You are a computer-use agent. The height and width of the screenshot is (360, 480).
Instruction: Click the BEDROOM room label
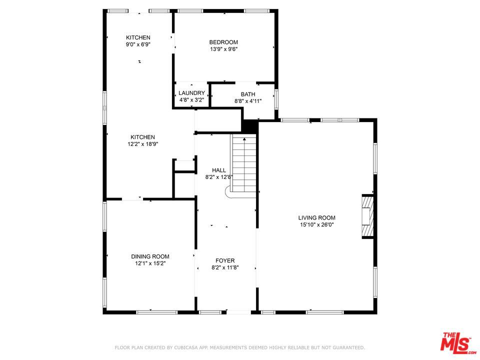223,42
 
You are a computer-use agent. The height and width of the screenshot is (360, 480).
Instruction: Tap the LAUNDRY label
191,93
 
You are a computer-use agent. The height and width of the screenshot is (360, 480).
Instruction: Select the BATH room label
248,94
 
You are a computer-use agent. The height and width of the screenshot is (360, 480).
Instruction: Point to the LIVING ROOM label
317,217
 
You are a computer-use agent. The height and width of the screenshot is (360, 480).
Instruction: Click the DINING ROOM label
150,256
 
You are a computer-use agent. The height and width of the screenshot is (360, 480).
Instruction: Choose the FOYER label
225,260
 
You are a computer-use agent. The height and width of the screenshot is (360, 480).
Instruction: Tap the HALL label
219,170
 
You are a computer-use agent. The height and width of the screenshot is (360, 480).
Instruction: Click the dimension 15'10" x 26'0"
317,224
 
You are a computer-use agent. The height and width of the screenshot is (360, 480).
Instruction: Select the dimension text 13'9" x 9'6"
224,49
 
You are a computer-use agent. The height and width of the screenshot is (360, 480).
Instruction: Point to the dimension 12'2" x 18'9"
142,144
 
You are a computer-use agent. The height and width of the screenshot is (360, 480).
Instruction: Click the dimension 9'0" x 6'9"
138,44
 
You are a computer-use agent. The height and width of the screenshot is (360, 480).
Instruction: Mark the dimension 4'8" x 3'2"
191,100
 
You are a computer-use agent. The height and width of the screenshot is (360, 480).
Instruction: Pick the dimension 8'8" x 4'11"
248,101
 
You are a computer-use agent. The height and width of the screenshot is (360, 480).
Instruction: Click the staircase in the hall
243,164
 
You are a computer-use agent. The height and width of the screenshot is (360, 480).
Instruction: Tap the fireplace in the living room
367,216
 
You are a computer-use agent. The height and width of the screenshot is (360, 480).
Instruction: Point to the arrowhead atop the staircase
244,139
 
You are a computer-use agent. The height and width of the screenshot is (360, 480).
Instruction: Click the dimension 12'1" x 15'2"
150,263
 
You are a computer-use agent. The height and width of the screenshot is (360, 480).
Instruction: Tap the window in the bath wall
276,99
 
